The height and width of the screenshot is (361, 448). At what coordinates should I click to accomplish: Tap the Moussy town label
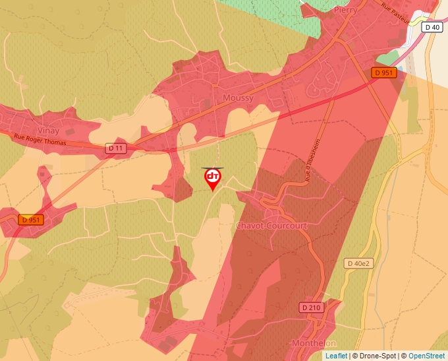(238, 98)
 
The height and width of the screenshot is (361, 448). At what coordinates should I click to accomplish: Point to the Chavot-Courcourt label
(271, 226)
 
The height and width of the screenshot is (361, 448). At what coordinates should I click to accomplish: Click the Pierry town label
(346, 11)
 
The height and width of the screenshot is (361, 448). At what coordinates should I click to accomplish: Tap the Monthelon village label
(314, 344)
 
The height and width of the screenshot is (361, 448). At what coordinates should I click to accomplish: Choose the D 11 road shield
(115, 149)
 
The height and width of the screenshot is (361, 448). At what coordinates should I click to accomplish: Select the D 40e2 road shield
(359, 263)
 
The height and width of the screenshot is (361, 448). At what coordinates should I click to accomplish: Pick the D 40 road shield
(432, 27)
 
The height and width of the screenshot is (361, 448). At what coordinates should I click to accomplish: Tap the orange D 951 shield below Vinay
(30, 220)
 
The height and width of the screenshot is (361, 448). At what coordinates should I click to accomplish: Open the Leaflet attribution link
(336, 356)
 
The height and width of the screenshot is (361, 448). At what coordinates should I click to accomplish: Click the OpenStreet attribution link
(426, 356)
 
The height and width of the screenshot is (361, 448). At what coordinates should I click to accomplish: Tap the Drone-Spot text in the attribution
(379, 356)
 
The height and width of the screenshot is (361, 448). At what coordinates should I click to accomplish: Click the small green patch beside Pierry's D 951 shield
(389, 58)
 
